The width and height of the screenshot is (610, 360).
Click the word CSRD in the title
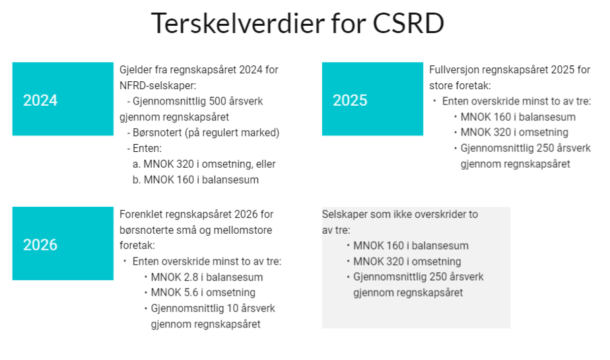pyautogui.click(x=409, y=23)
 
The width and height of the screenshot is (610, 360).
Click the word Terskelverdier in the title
pyautogui.click(x=238, y=23)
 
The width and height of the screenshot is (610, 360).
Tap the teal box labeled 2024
pyautogui.click(x=63, y=99)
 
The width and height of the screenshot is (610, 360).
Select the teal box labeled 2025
pyautogui.click(x=373, y=99)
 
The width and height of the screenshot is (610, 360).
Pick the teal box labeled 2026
pyautogui.click(x=63, y=243)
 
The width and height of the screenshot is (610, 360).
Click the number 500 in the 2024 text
pyautogui.click(x=217, y=101)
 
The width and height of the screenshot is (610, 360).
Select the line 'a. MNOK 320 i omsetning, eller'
pyautogui.click(x=204, y=164)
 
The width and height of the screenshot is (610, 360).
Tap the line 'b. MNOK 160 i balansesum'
pyautogui.click(x=195, y=180)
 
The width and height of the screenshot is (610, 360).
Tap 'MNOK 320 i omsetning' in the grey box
pyautogui.click(x=407, y=262)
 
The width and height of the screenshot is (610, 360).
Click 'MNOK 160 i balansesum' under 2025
pyautogui.click(x=518, y=117)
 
